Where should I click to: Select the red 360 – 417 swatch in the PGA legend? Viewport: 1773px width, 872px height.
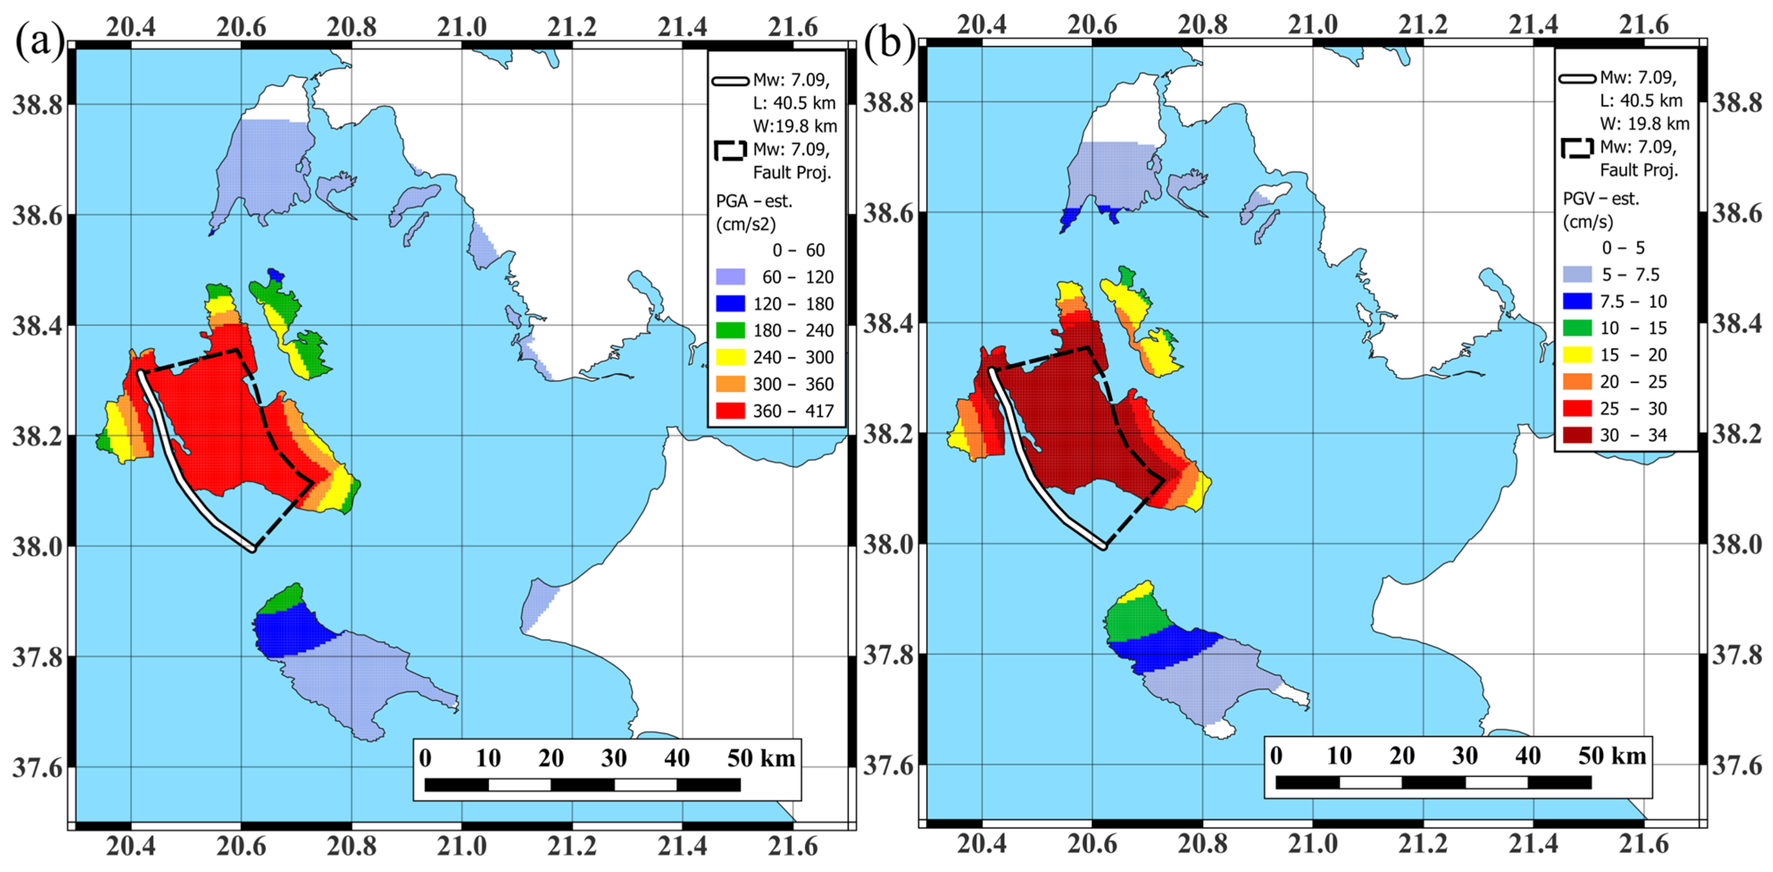coord(730,411)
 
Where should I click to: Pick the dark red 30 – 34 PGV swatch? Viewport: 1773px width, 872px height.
coord(1577,435)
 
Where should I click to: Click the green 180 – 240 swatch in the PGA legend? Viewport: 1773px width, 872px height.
coord(730,330)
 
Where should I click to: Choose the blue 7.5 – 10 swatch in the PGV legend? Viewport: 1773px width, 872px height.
coord(1577,301)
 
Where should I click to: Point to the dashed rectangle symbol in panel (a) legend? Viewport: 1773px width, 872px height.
coord(730,150)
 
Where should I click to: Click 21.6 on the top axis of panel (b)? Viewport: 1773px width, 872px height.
coord(1644,25)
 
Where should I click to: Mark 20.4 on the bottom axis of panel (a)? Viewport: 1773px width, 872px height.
coord(131,846)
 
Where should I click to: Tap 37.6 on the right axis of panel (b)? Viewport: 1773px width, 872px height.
coord(1736,765)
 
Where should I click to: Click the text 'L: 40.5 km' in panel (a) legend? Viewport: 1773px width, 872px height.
coord(794,103)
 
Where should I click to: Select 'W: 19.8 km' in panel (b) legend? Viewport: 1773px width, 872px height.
coord(1644,124)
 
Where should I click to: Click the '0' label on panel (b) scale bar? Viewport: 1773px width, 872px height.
coord(1276,756)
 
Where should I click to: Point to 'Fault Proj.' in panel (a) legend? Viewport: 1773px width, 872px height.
coord(792,172)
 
